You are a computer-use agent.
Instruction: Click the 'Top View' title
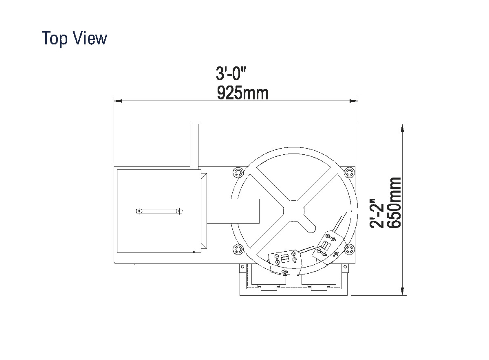(x=75, y=38)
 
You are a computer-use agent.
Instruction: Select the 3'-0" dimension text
(x=231, y=74)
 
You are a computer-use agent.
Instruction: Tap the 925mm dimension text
(x=242, y=93)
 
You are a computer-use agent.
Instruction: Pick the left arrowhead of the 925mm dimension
(x=118, y=101)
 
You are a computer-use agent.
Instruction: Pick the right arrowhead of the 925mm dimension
(x=354, y=101)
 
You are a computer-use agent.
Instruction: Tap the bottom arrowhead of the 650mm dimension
(x=403, y=291)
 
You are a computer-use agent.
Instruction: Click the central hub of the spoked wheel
(x=294, y=211)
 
